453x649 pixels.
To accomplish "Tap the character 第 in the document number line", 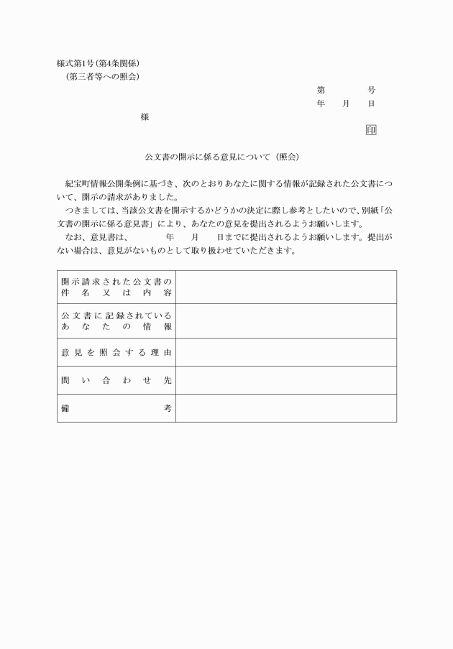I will click(321, 91).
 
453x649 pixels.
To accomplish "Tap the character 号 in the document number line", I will click(371, 91).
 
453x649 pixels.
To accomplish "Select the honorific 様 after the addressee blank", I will click(145, 117).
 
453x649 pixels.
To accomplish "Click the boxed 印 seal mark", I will click(371, 130).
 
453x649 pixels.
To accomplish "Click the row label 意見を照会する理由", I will click(116, 352).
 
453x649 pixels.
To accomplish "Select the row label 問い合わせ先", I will click(116, 380).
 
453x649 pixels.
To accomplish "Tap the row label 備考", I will click(116, 408).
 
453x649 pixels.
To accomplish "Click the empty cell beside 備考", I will click(286, 408).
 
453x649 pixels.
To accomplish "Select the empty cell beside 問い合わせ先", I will click(286, 380).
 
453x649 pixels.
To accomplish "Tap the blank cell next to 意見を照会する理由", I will click(286, 352).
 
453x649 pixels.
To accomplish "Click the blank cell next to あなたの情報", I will click(286, 321).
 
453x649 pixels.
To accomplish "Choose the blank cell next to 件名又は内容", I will click(286, 287).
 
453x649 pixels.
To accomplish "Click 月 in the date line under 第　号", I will click(346, 104).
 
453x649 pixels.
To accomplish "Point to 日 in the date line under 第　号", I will click(371, 104).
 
